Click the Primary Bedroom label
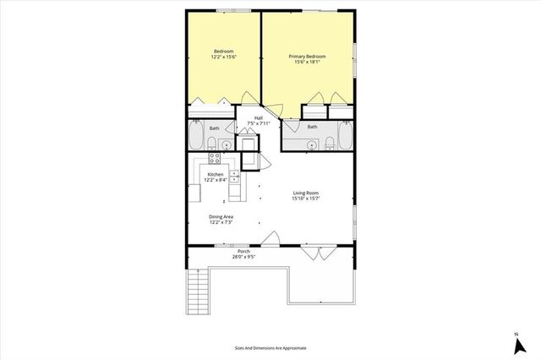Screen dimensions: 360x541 point(308,59)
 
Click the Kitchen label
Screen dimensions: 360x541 point(215,177)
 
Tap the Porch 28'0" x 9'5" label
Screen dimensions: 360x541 point(244,254)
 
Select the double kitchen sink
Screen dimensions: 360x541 point(234,177)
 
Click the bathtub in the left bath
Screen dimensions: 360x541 point(194,134)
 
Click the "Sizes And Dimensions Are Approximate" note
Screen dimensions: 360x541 point(270,347)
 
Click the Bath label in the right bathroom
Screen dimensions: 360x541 point(312,128)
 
